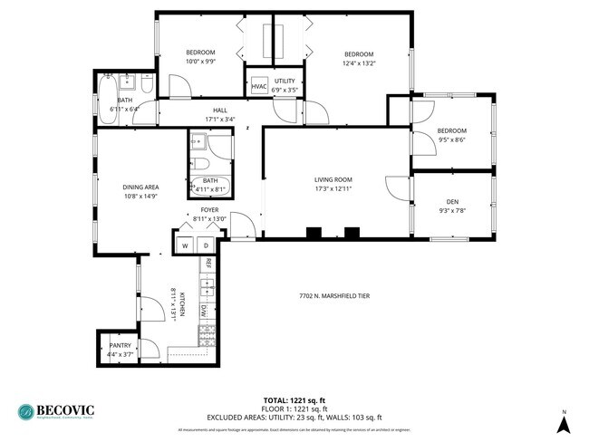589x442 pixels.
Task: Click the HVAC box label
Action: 259,86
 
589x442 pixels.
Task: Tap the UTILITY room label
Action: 285,82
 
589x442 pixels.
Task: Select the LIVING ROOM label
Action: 333,179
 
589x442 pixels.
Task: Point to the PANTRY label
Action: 120,345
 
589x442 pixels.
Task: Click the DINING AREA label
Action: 140,187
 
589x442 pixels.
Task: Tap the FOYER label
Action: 210,209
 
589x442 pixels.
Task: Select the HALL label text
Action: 220,110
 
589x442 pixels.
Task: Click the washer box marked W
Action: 185,245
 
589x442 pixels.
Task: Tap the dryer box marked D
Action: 206,245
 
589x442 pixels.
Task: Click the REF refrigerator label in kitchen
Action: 208,264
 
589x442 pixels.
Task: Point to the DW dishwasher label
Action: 206,310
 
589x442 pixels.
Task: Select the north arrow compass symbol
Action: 564,422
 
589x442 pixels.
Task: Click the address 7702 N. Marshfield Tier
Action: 334,296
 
